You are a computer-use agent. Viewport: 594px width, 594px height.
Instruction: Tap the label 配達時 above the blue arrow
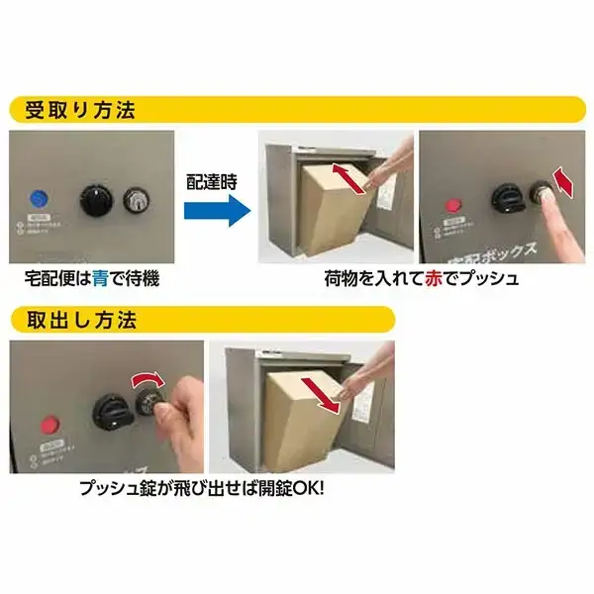click(x=212, y=182)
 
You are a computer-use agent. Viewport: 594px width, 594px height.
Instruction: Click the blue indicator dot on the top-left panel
click(x=40, y=198)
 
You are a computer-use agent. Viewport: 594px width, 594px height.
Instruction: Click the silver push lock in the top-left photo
click(x=136, y=201)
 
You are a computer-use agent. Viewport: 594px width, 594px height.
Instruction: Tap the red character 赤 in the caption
click(x=437, y=279)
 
